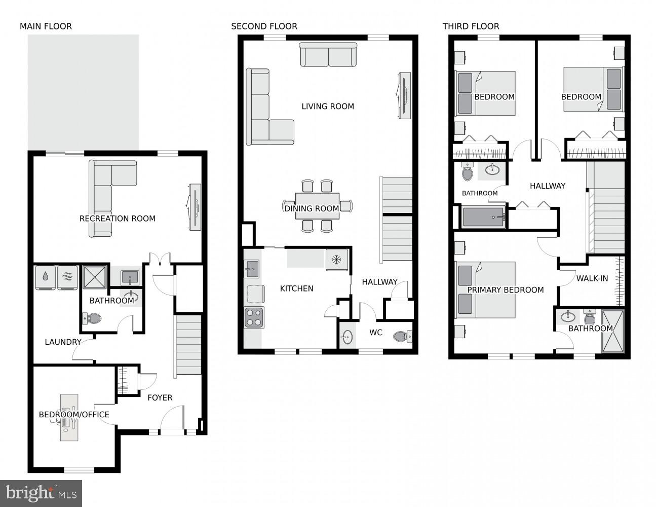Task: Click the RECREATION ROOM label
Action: coord(117,219)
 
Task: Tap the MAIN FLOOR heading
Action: coord(46,26)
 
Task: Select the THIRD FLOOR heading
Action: coord(471,26)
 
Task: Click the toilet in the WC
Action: coord(403,336)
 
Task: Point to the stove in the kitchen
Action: coord(254,318)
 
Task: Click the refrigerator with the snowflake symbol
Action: coord(336,260)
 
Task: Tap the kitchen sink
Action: coord(251,268)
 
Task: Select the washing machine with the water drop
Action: coord(46,277)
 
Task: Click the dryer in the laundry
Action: coord(67,277)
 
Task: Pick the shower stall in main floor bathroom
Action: coord(96,277)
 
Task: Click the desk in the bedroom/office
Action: coord(69,417)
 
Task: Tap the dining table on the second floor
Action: coord(317,206)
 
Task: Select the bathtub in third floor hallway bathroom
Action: coord(484,217)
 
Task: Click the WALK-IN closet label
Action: coord(592,278)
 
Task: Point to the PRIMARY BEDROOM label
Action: coord(505,290)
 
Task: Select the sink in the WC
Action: coord(348,337)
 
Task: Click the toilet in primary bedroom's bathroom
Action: coord(589,318)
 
